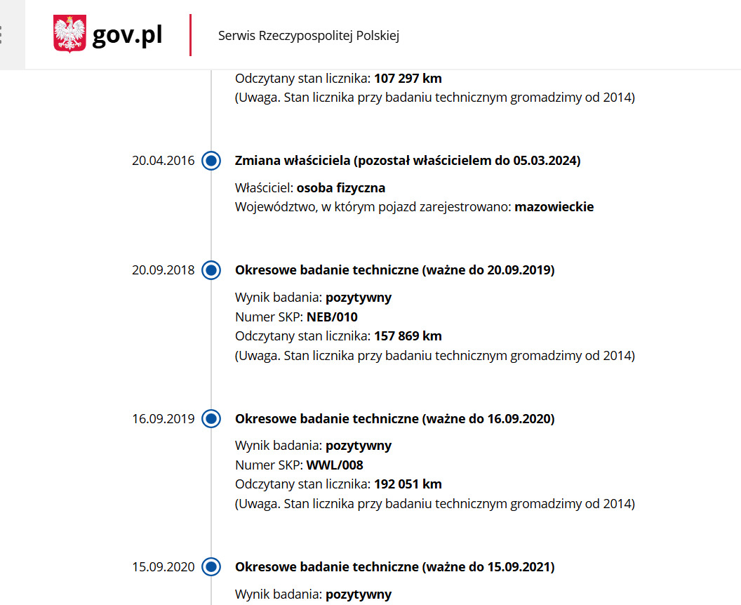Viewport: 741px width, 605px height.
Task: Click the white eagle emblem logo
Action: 69,34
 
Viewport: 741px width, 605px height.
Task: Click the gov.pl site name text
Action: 127,35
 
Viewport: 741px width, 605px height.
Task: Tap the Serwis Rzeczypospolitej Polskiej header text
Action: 309,36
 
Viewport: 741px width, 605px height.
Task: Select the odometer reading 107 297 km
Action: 408,79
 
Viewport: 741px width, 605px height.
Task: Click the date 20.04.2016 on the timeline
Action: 163,161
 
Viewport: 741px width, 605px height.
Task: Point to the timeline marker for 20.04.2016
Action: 211,161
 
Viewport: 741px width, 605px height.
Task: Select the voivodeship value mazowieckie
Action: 554,207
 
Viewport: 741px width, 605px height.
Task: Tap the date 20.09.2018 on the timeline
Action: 163,270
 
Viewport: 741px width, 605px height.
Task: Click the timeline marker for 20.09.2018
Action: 211,270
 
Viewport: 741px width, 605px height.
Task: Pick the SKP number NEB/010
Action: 332,317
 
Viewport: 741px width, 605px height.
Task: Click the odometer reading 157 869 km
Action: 408,336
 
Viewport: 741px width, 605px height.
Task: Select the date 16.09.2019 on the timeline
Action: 163,419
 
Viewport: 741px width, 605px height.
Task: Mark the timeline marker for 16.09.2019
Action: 211,419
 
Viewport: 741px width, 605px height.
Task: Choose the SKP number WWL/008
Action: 335,465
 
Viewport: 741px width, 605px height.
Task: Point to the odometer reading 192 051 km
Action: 408,484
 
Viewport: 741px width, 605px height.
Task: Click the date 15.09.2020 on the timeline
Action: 163,567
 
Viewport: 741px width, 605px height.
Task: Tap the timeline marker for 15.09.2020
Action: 211,567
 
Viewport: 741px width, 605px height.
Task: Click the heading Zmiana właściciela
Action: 293,161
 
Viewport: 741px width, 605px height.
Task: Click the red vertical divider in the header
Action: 190,35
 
